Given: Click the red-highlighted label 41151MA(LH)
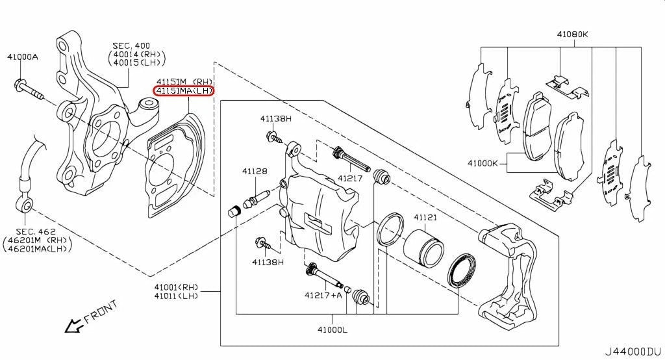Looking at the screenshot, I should click(182, 92).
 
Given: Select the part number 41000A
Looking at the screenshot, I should click(23, 57).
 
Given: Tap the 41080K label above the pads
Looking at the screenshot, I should click(571, 34).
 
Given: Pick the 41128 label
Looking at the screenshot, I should click(255, 172).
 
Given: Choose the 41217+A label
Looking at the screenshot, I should click(323, 295).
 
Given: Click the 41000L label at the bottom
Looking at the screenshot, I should click(332, 330).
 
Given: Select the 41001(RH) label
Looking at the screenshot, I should click(176, 287).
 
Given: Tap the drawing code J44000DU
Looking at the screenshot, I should click(633, 352).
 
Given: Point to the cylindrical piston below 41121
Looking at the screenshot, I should click(423, 246).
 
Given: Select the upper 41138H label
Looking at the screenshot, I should click(276, 118).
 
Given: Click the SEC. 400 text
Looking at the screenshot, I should click(131, 45).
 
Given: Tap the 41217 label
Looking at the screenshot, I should click(350, 178).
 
